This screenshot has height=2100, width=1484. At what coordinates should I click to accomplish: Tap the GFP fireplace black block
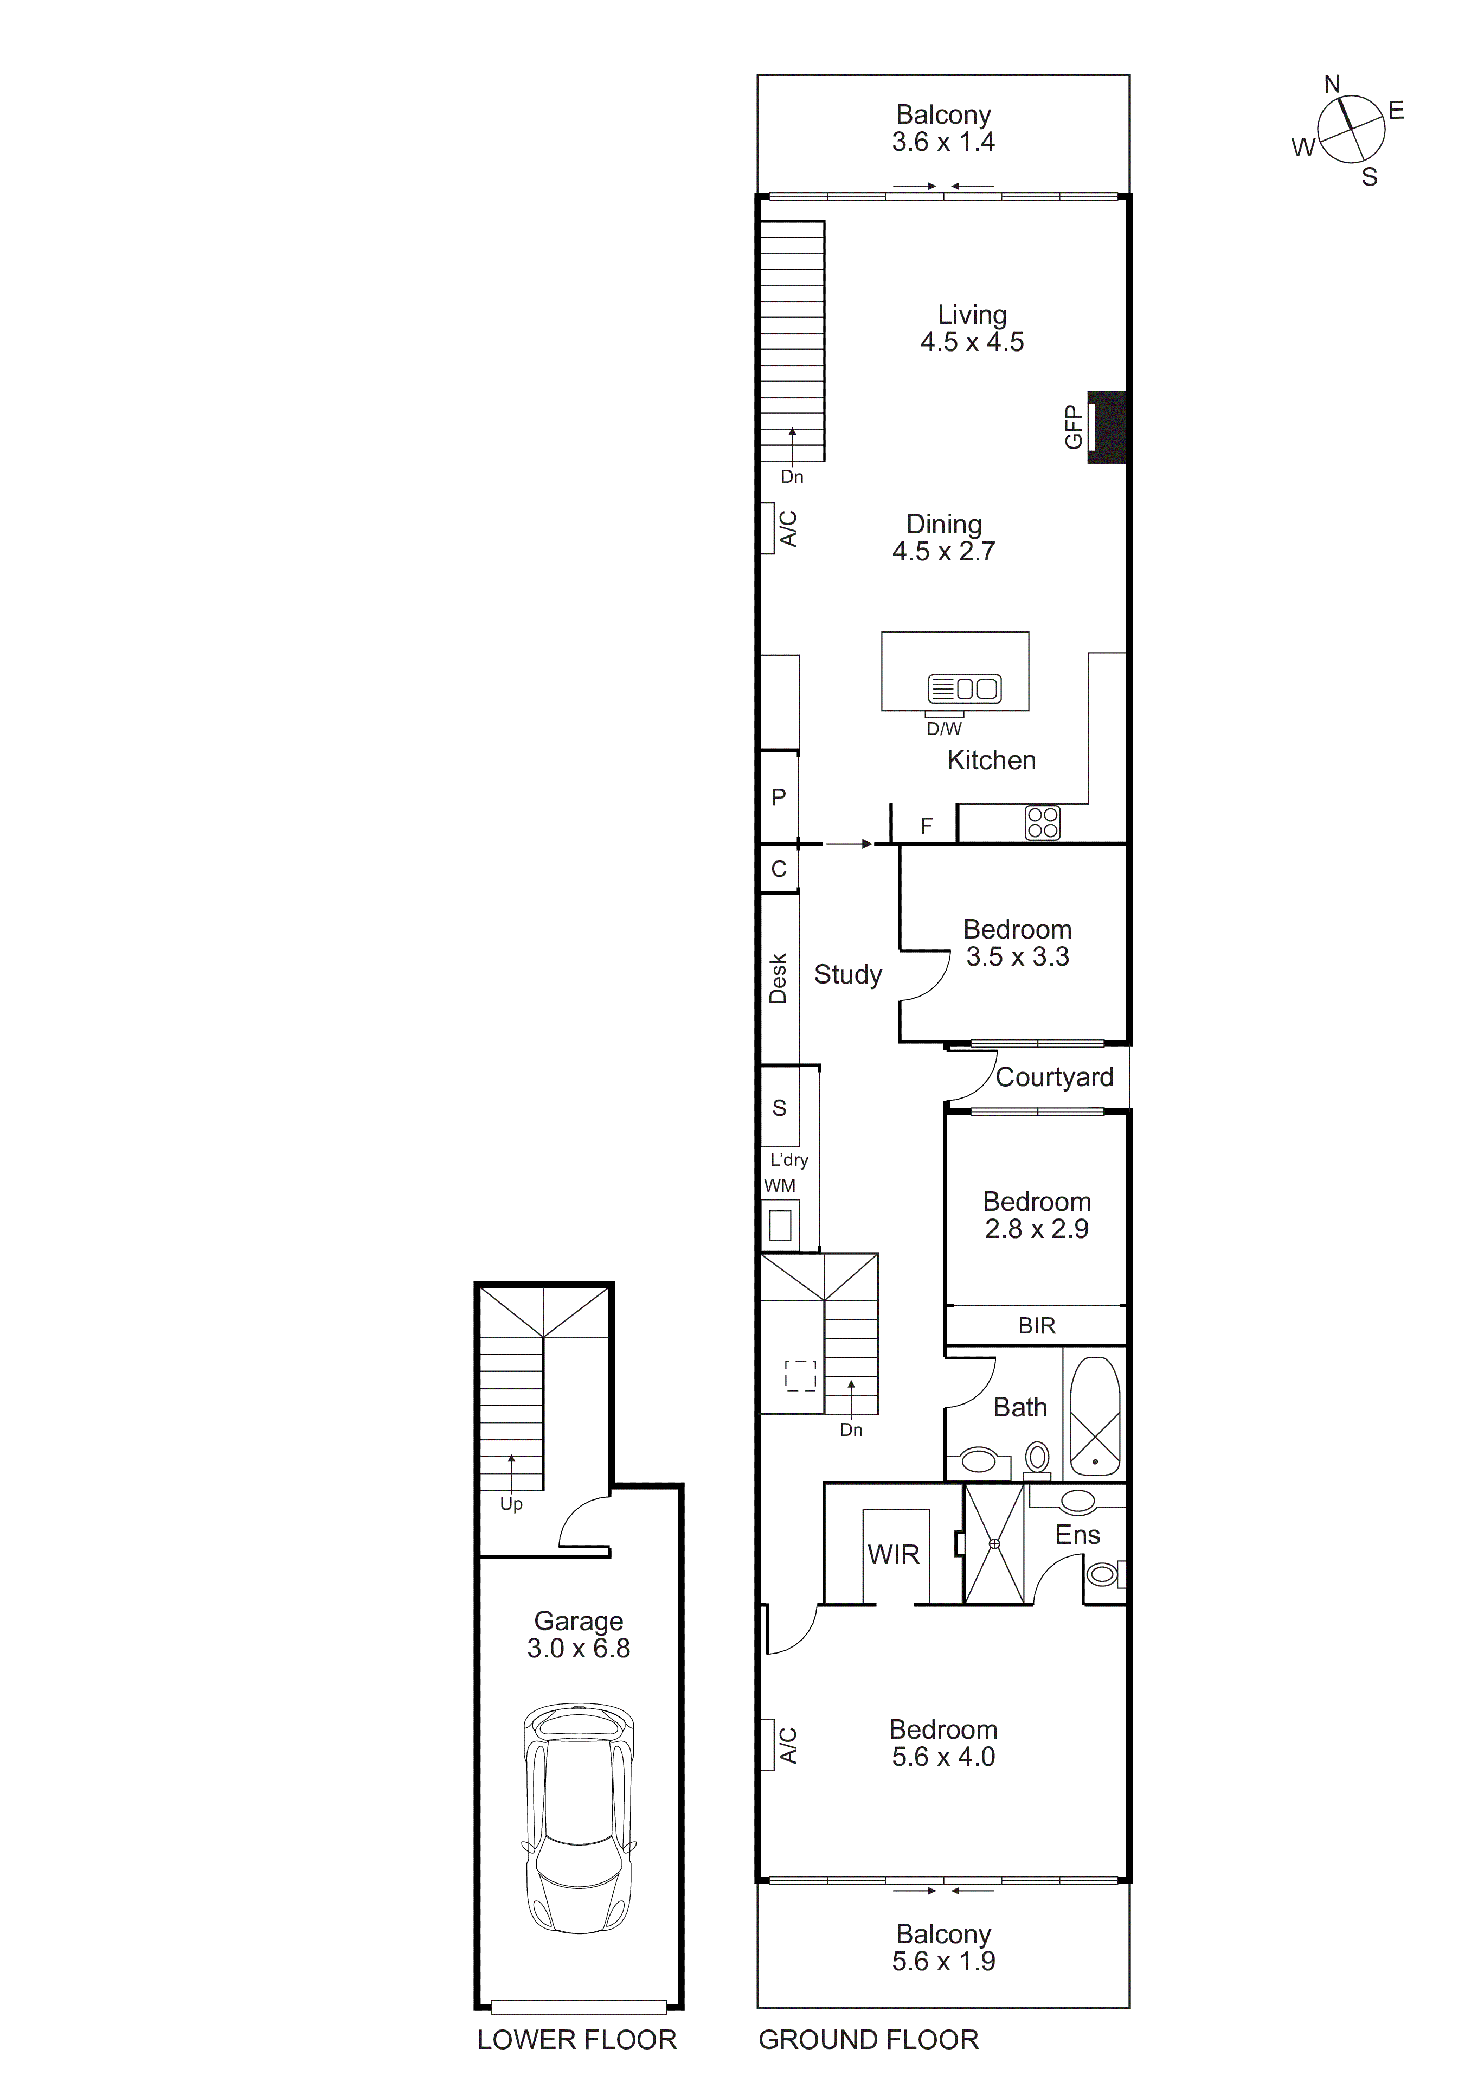pos(1107,427)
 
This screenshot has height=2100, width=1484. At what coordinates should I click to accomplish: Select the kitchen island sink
pos(965,688)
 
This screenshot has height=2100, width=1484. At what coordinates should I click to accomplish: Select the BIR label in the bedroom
pos(1036,1325)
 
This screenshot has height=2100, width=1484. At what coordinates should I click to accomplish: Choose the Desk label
pos(778,979)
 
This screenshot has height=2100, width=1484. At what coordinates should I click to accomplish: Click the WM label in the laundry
pos(780,1185)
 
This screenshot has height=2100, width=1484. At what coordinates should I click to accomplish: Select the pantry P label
pos(779,797)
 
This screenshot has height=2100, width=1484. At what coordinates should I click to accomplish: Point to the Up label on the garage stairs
pos(511,1504)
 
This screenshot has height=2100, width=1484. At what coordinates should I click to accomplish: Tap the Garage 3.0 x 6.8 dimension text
pos(578,1648)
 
